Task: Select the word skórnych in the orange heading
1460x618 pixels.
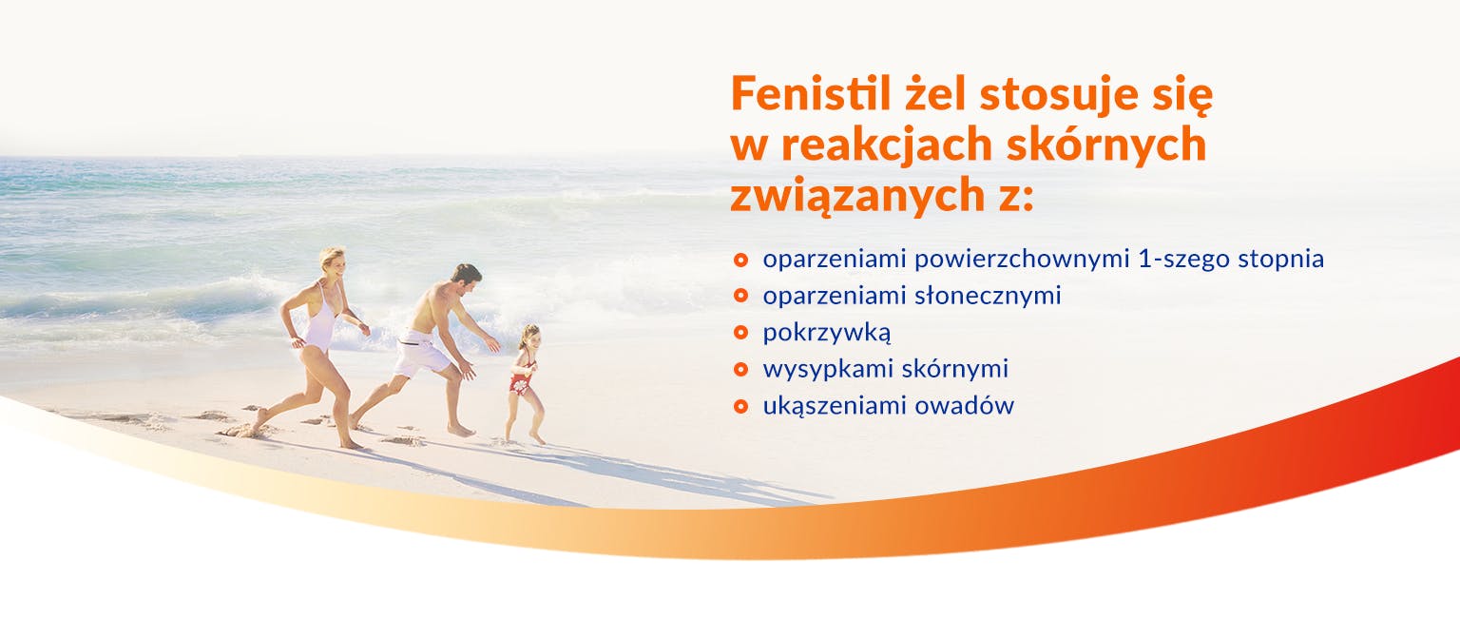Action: coord(1106,145)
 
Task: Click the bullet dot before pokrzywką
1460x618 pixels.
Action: coord(740,333)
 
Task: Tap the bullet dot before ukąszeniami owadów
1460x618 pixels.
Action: coord(740,406)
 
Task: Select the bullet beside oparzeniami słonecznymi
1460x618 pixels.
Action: coord(740,296)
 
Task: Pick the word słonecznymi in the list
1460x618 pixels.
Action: coord(989,296)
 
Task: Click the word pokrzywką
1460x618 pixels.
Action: coord(826,333)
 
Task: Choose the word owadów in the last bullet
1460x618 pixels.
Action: coord(965,405)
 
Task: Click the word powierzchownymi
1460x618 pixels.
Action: coord(1022,260)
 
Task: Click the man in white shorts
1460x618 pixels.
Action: coord(431,349)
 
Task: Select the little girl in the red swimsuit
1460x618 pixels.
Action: coord(525,383)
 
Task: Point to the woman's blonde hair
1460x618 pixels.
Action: coord(333,256)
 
